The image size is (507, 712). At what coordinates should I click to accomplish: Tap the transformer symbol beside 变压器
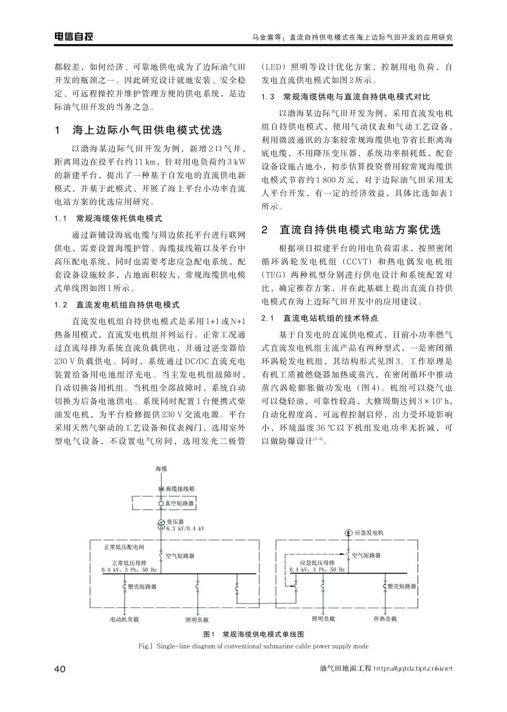161,525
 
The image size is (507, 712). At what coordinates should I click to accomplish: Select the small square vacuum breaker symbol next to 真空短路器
161,503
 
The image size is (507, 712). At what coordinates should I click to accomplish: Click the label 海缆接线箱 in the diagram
180,488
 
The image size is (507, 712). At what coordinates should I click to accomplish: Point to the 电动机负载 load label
124,619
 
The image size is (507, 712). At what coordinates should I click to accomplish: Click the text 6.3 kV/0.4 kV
185,528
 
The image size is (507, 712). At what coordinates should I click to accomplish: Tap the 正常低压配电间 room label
124,547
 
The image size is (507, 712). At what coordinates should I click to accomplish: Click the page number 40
60,669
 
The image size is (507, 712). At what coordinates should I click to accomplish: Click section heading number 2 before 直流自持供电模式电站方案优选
265,230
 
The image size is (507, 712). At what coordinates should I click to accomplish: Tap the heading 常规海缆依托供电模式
119,218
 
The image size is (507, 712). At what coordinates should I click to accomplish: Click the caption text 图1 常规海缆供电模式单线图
253,635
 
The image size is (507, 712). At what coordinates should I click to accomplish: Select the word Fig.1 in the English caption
146,646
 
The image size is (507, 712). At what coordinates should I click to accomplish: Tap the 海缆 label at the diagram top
161,468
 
